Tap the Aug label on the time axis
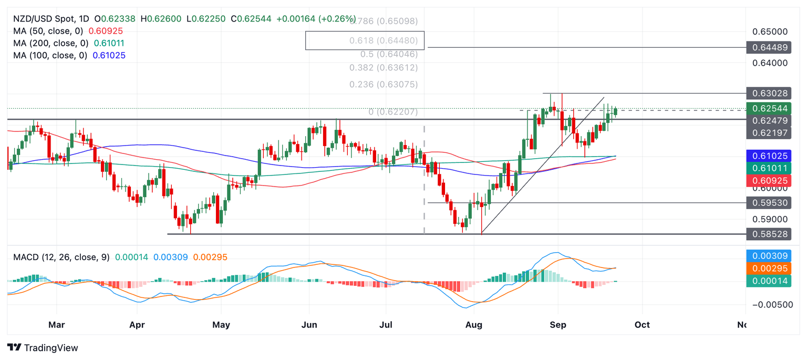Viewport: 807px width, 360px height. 473,325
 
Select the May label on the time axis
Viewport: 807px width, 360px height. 221,325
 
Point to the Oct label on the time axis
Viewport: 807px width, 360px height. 642,325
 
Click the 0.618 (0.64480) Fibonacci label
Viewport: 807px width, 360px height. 384,40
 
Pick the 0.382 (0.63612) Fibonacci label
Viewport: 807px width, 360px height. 384,68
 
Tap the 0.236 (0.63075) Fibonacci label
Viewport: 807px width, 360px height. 384,85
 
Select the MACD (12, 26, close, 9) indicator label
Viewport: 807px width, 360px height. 61,258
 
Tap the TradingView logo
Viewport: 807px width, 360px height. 43,348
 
